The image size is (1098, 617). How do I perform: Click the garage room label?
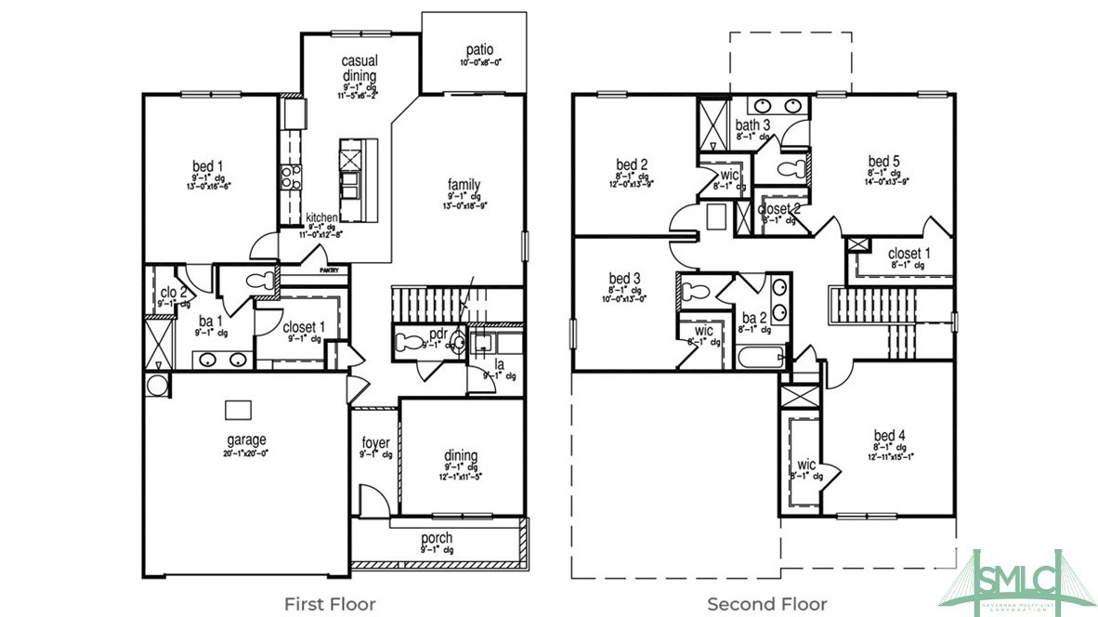pos(246,440)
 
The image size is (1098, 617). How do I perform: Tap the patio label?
pos(479,50)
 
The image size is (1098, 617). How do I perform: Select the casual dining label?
pos(359,68)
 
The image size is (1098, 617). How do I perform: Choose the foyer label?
pos(375,442)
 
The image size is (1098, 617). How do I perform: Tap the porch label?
pos(437,538)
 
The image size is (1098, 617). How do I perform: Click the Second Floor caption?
pos(766,604)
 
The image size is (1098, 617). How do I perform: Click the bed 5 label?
pos(884,160)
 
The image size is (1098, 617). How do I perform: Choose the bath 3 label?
pos(752,125)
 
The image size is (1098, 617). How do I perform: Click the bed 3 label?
pos(624,278)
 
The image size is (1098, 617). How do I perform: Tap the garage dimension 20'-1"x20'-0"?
pos(246,453)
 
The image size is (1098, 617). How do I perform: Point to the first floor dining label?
pos(461,455)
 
